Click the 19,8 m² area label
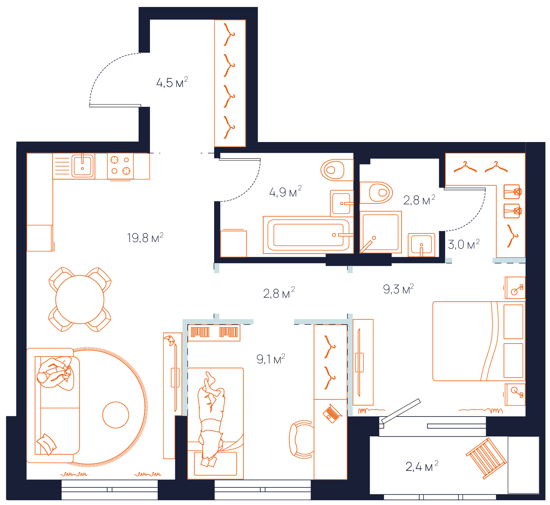145,238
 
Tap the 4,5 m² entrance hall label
172,82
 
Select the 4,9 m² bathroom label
285,192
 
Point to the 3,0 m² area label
463,244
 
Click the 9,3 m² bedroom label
398,289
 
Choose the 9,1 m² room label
271,359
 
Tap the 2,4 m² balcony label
422,466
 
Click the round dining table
80,299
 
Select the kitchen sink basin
82,166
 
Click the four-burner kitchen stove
120,166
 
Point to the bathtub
308,235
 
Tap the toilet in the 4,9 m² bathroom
337,170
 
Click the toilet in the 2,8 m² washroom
376,192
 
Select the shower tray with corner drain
381,232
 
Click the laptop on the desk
332,414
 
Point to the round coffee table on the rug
116,415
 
